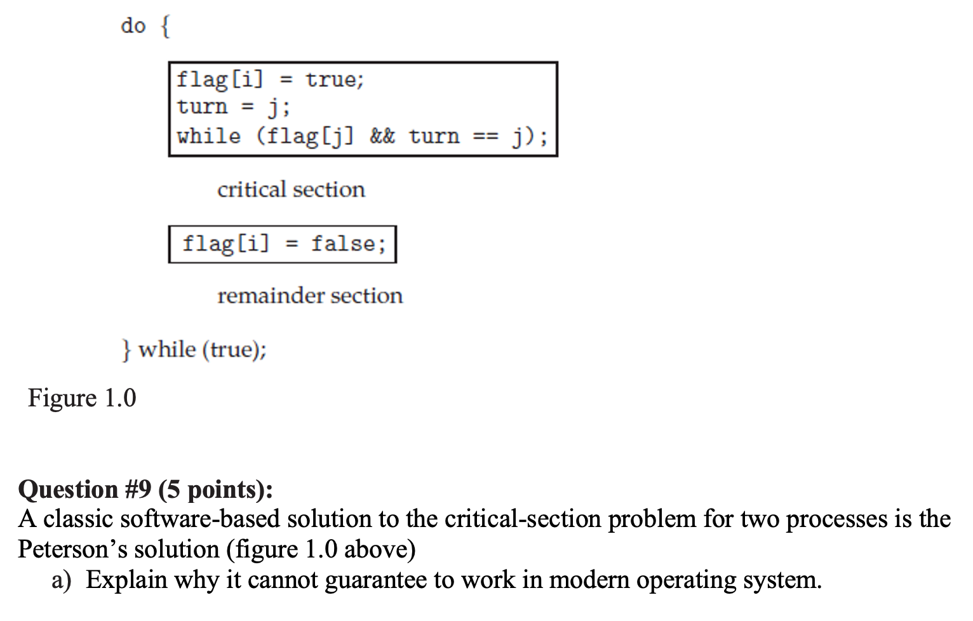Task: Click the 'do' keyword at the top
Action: (133, 26)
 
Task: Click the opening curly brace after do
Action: (165, 27)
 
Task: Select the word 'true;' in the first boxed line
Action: (334, 79)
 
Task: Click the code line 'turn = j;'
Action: (233, 107)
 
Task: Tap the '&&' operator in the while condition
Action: (382, 136)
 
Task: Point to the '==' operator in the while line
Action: (486, 136)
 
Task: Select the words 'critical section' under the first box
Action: (291, 189)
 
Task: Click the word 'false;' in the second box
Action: (348, 244)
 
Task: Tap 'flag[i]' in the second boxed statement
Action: (225, 244)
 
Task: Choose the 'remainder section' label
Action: (310, 296)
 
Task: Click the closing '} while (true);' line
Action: (194, 349)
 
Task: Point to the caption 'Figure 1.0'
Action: (82, 398)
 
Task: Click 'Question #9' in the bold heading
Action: (85, 490)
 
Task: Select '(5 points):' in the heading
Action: (216, 490)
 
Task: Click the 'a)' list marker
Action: (62, 580)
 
